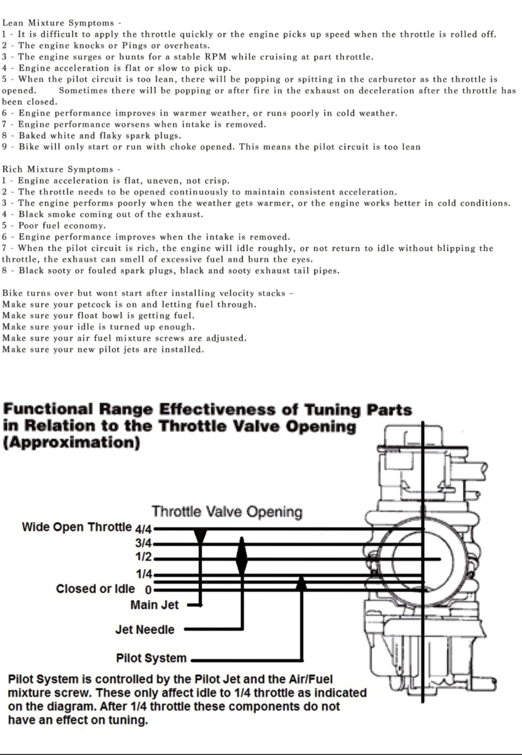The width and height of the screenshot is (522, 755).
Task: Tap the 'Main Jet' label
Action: (x=155, y=605)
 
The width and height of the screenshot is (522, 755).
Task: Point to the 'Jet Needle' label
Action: (x=145, y=629)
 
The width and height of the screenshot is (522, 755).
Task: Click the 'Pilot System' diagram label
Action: (x=151, y=658)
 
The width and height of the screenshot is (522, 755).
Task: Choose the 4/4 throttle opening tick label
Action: (x=143, y=529)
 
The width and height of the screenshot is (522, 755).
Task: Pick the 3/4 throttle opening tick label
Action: (x=143, y=543)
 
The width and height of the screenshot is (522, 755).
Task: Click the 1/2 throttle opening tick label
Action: (x=144, y=557)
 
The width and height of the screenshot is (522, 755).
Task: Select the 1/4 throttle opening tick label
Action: (x=144, y=573)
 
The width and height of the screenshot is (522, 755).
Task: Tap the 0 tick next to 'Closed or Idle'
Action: (x=148, y=590)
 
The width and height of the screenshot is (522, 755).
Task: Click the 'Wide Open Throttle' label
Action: (x=77, y=526)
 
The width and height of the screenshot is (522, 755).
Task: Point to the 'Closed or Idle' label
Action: (x=95, y=588)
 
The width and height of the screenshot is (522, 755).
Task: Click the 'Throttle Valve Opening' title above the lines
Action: (x=227, y=511)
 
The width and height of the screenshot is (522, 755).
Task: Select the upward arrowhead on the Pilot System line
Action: (x=301, y=583)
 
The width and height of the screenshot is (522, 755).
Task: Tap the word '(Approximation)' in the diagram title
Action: (x=71, y=442)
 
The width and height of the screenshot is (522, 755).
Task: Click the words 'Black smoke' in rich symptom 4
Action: (x=47, y=215)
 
